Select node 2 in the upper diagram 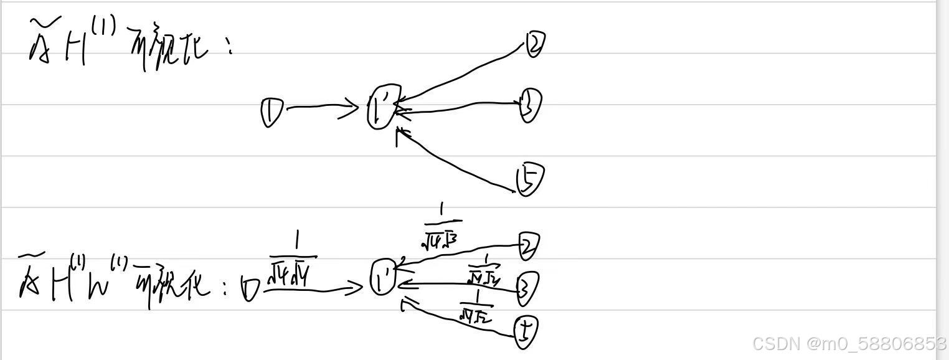pyautogui.click(x=535, y=44)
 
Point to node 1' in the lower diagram pyautogui.click(x=382, y=278)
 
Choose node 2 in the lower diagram pyautogui.click(x=527, y=247)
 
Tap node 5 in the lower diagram pyautogui.click(x=526, y=331)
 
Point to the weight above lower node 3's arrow pyautogui.click(x=484, y=268)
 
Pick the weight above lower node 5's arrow pyautogui.click(x=476, y=306)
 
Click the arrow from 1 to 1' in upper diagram pyautogui.click(x=321, y=108)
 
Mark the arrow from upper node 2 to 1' pyautogui.click(x=461, y=72)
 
